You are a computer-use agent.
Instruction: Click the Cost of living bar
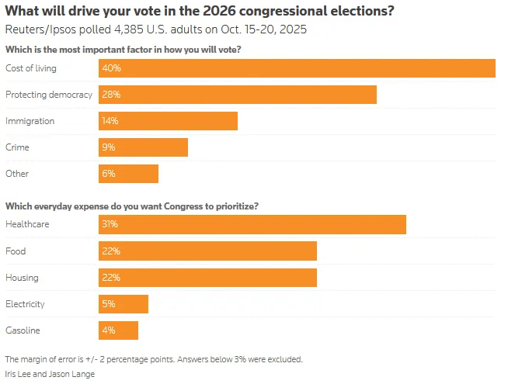pos(297,68)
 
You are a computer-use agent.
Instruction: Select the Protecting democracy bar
pos(238,95)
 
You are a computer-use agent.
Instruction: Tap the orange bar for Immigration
pos(168,121)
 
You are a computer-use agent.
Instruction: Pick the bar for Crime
pos(143,147)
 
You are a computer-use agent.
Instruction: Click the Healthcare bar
pos(252,224)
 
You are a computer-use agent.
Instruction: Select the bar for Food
pos(207,251)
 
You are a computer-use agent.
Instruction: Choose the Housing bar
pos(207,277)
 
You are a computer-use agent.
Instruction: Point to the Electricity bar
pos(124,303)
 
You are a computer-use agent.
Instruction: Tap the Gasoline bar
pos(119,330)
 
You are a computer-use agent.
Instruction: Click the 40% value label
pos(111,68)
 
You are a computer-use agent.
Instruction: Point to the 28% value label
pos(111,95)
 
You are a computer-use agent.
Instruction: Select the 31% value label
pos(110,224)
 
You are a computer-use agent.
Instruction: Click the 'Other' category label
pos(17,174)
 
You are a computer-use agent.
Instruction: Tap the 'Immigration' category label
pos(30,121)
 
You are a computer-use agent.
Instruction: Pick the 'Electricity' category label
pos(26,303)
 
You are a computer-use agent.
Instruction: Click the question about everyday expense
pos(132,206)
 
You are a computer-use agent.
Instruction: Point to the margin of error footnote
pos(154,359)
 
